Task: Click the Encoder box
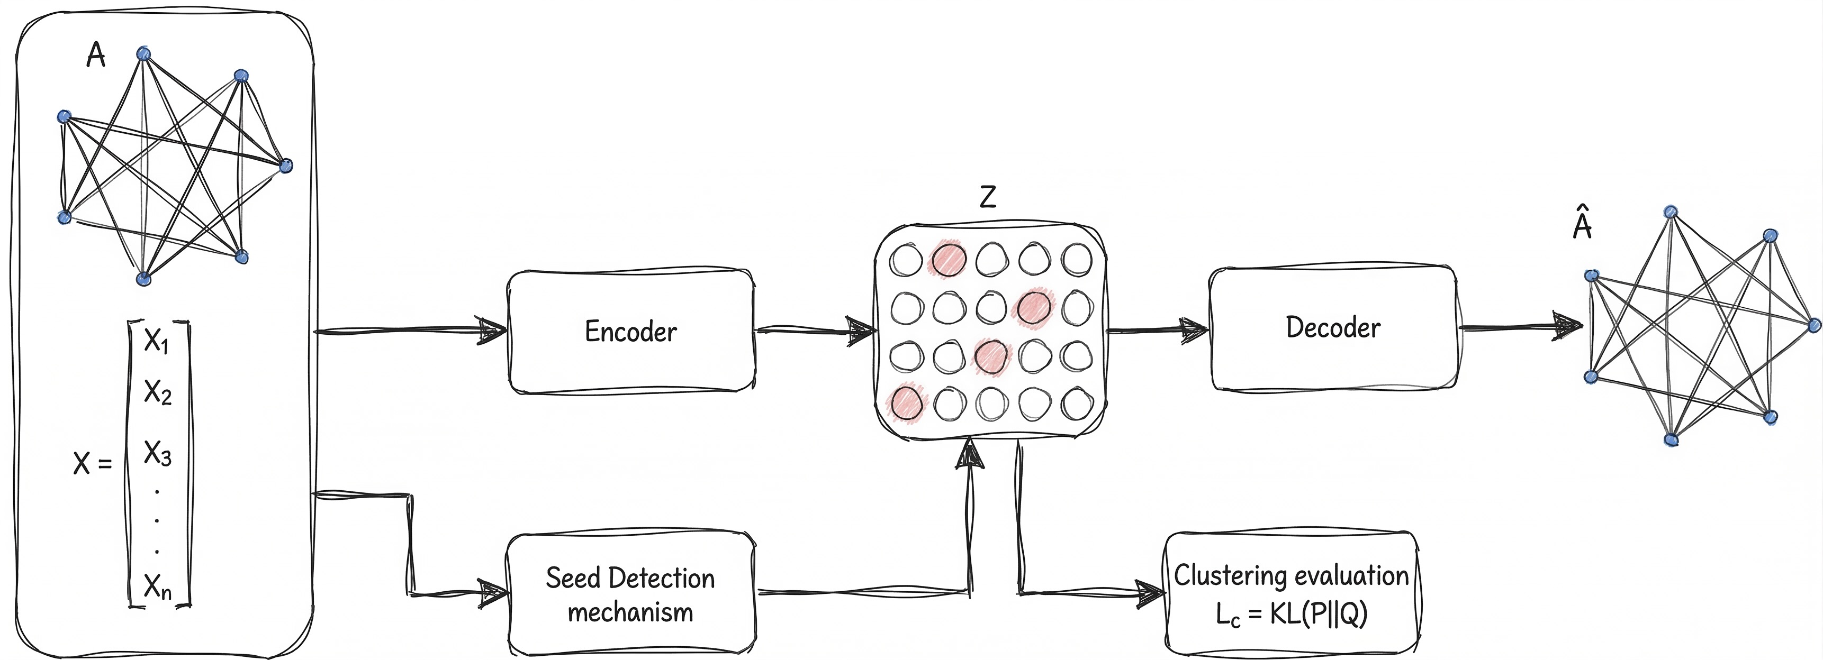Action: click(x=630, y=331)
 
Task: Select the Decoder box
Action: click(x=1332, y=327)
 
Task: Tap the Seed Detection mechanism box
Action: click(x=630, y=594)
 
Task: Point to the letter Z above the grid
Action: click(x=988, y=197)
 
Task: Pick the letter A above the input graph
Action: click(x=95, y=55)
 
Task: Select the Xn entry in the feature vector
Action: click(x=157, y=586)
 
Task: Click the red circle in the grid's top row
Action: click(x=949, y=259)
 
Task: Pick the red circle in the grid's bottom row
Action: click(x=907, y=403)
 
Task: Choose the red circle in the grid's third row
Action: click(x=991, y=356)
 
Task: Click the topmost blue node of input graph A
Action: click(x=143, y=54)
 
